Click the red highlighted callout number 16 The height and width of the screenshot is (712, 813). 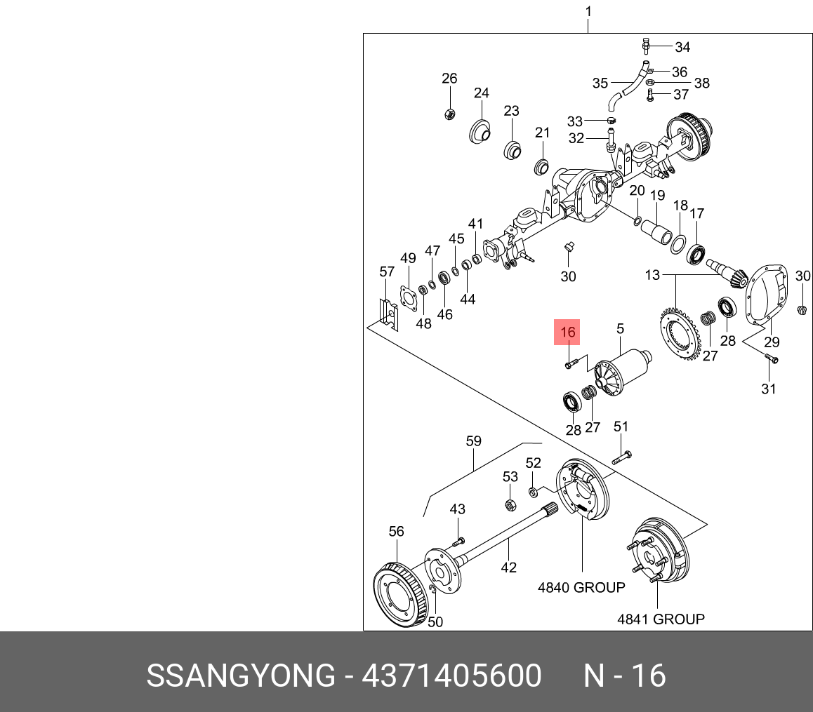pyautogui.click(x=567, y=333)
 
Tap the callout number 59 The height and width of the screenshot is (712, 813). pyautogui.click(x=474, y=441)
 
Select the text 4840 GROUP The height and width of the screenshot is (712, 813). pyautogui.click(x=581, y=588)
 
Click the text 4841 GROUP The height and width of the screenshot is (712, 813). pyautogui.click(x=661, y=619)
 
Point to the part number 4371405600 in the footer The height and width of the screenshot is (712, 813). pyautogui.click(x=451, y=676)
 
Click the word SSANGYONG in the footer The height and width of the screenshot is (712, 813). pyautogui.click(x=241, y=676)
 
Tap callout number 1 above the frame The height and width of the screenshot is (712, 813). pyautogui.click(x=588, y=11)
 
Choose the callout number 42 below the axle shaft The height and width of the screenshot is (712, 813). pyautogui.click(x=508, y=567)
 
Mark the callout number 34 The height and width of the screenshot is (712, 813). pyautogui.click(x=682, y=47)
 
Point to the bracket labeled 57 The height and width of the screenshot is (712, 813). pyautogui.click(x=387, y=313)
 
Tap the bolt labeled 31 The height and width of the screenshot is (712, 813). pyautogui.click(x=772, y=359)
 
